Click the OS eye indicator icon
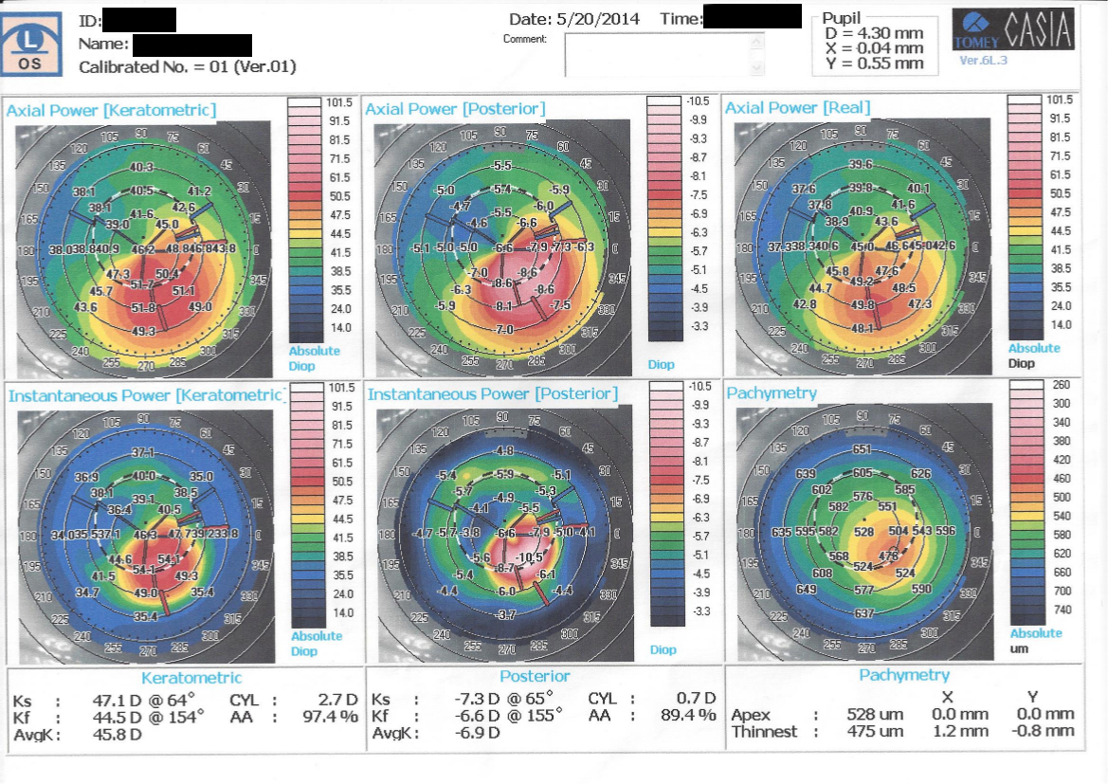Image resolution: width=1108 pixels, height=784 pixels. click(x=30, y=45)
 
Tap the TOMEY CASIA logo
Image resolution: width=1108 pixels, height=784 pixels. click(x=1013, y=30)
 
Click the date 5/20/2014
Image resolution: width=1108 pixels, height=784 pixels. click(x=602, y=18)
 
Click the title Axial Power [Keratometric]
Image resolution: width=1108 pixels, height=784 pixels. click(x=112, y=110)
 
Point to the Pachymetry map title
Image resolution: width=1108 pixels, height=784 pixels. click(x=772, y=392)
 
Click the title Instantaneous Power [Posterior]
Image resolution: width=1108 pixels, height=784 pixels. click(x=492, y=393)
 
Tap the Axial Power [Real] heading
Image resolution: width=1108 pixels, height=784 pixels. click(x=797, y=107)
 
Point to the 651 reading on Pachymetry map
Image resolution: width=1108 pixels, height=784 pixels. click(x=862, y=449)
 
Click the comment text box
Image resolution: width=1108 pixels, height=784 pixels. click(x=663, y=54)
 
